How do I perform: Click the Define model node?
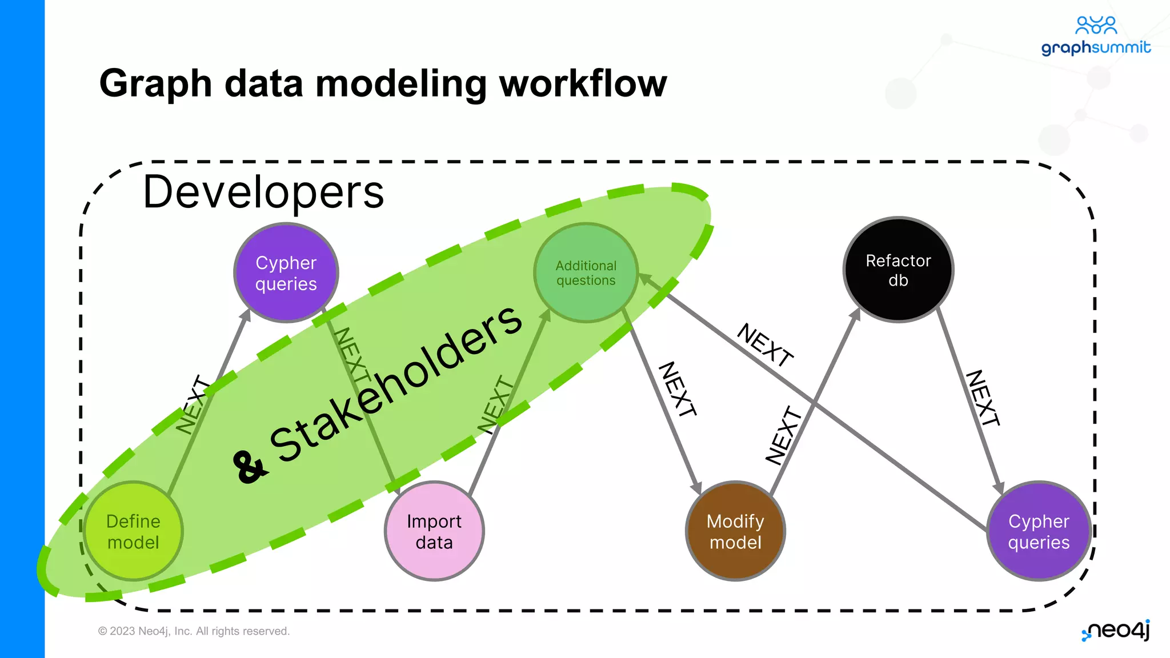coord(133,531)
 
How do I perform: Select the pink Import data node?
coord(434,531)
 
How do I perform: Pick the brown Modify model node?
coord(735,531)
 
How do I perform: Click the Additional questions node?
coord(586,273)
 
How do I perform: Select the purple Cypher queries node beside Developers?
coord(286,273)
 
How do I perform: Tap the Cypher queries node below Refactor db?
coord(1039,531)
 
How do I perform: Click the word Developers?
coord(263,192)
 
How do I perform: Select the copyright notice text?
coord(194,631)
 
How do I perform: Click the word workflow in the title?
coord(583,83)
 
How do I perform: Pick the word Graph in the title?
coord(155,83)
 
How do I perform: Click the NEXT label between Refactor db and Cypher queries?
coord(983,398)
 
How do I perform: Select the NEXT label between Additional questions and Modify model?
coord(678,389)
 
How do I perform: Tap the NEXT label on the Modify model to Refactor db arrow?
coord(784,435)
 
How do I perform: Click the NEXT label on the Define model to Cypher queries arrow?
coord(193,404)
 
